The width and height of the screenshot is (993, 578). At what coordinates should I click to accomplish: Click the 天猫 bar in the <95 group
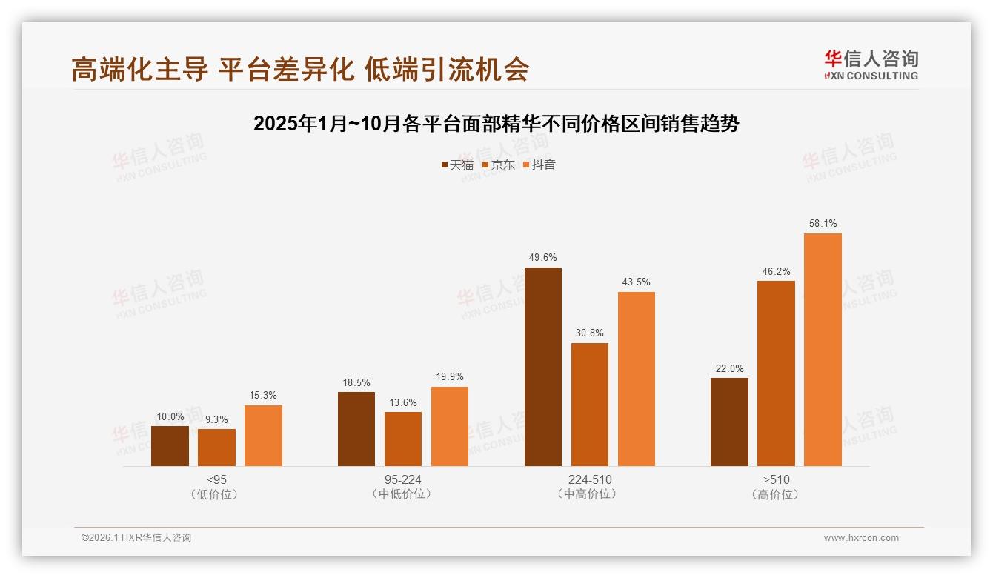click(x=170, y=446)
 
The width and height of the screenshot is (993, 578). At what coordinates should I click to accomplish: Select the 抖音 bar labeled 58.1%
click(x=823, y=350)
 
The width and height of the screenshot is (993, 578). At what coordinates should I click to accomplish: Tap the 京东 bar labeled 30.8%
click(x=589, y=405)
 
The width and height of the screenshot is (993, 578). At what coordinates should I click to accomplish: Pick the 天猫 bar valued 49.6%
click(x=542, y=367)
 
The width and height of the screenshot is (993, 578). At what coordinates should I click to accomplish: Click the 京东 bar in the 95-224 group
click(x=402, y=439)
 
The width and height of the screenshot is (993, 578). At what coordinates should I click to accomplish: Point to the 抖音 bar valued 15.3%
click(x=263, y=436)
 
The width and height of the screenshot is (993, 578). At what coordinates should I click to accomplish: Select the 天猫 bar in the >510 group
click(x=729, y=422)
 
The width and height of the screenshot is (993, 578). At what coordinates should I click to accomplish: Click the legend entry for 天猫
click(x=457, y=165)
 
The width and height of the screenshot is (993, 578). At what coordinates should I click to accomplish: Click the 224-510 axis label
click(x=590, y=479)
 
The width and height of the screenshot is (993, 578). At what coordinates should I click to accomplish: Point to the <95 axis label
click(x=217, y=479)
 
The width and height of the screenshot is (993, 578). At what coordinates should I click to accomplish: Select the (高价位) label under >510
click(x=776, y=494)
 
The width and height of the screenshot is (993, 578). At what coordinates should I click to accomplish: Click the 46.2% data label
click(x=776, y=271)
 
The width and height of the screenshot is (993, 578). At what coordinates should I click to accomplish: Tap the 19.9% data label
click(x=449, y=377)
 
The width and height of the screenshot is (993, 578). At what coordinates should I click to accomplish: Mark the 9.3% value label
click(x=216, y=419)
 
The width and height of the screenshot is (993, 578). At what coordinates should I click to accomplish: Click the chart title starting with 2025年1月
click(x=496, y=124)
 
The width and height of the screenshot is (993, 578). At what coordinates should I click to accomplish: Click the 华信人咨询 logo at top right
click(x=871, y=64)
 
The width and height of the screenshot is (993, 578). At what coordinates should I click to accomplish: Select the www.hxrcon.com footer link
click(x=860, y=538)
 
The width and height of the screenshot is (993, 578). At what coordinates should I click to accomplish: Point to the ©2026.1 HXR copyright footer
click(x=136, y=538)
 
